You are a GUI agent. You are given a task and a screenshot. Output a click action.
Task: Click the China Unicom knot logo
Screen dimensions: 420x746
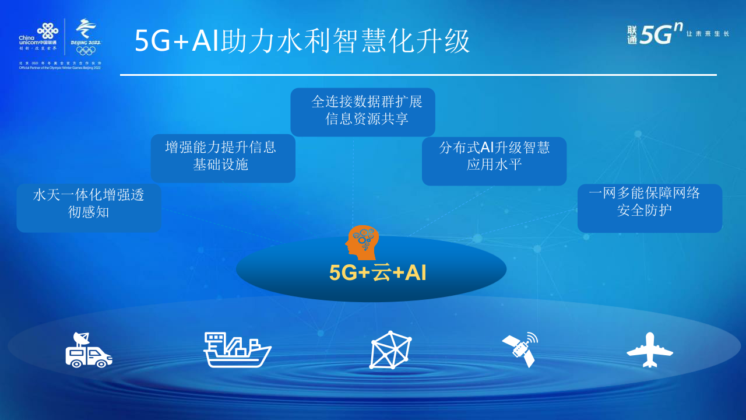[47, 30]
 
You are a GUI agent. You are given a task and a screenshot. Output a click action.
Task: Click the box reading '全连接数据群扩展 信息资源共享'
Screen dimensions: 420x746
[363, 111]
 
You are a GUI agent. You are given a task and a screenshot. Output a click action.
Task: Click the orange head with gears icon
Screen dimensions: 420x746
[362, 242]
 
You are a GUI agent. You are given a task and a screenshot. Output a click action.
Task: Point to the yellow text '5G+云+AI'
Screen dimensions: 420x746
[378, 273]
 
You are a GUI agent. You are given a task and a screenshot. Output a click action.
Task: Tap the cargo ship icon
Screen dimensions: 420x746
[237, 350]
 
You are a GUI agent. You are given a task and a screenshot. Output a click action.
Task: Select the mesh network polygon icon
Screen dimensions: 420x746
[390, 350]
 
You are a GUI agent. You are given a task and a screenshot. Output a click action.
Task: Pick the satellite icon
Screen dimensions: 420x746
[520, 349]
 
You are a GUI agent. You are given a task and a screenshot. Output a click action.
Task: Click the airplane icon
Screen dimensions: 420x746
[649, 350]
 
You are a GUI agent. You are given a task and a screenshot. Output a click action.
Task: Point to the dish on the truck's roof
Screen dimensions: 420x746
[81, 338]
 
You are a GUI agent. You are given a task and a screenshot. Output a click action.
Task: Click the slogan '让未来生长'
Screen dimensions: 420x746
[708, 34]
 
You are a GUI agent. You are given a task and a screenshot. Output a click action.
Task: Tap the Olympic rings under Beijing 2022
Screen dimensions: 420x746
[86, 50]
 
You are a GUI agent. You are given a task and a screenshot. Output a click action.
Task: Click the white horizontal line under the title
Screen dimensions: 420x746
[418, 75]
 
